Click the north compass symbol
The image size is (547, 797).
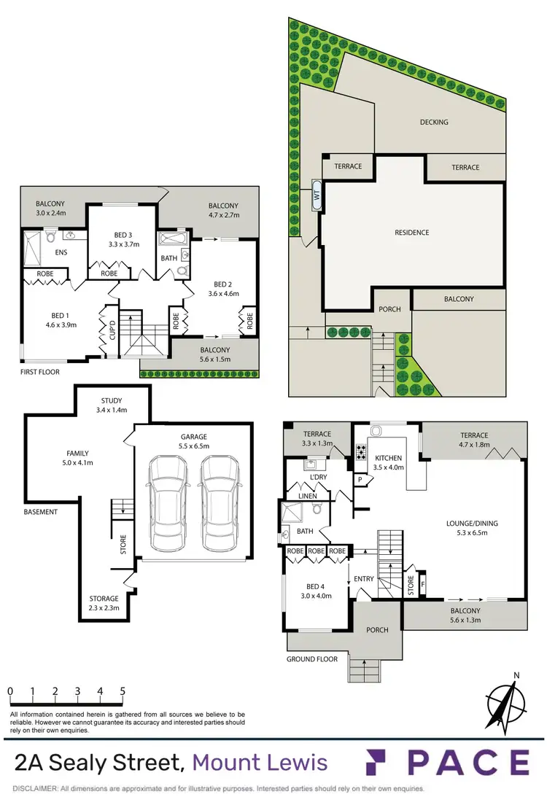point(505,701)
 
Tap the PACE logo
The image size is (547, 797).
point(447,762)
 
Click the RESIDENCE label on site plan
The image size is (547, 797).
point(412,233)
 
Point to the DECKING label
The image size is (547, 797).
point(434,123)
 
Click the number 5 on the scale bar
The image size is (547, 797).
point(122,691)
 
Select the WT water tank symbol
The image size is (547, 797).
point(317,195)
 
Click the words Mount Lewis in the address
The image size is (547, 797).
point(259,763)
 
